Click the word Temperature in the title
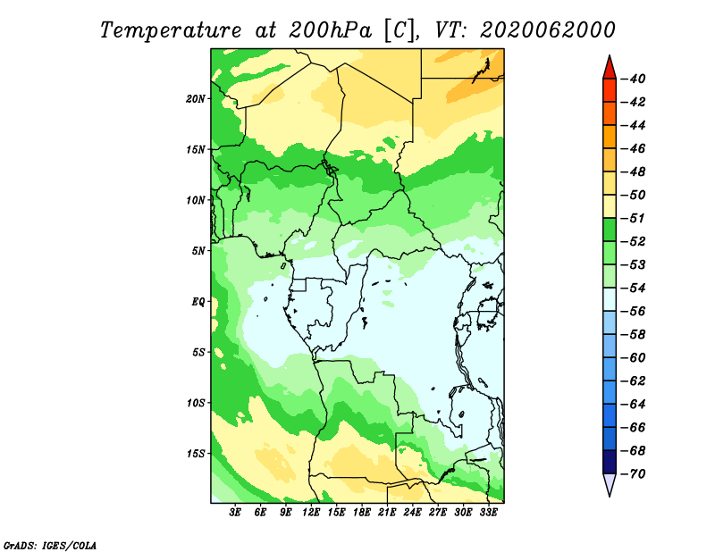coord(171,30)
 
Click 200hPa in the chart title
coord(331,30)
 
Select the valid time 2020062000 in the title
coord(548,30)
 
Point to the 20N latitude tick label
coord(196,99)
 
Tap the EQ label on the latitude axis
coord(198,302)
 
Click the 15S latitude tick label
coord(196,454)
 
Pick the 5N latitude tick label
coord(198,251)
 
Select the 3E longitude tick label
coord(235,513)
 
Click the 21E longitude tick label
coord(387,513)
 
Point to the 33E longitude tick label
coord(489,513)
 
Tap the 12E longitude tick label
coord(311,513)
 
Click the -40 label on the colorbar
coord(635,79)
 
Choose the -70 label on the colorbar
coord(635,474)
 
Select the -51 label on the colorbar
coord(635,218)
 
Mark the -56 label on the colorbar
coord(635,312)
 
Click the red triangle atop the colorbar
coord(610,69)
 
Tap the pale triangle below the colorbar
coord(610,483)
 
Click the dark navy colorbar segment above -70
coord(610,462)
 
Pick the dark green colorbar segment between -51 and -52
coord(610,230)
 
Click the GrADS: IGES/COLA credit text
coord(50,546)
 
